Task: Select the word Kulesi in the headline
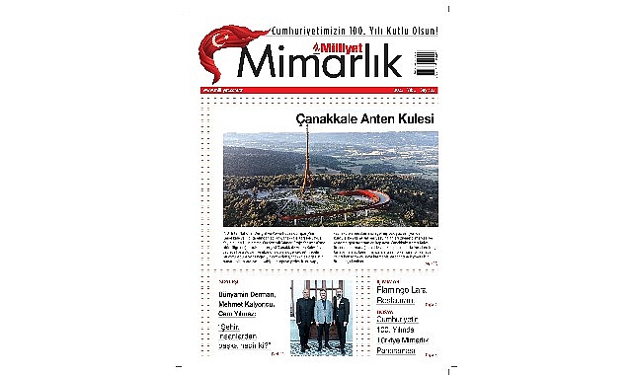click(413, 119)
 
